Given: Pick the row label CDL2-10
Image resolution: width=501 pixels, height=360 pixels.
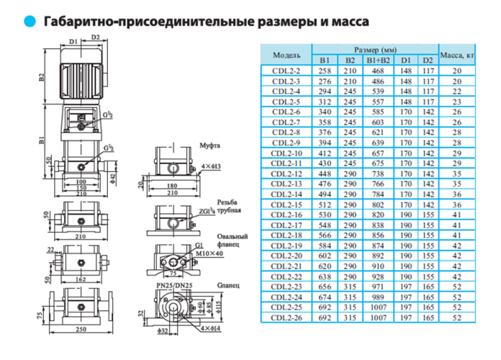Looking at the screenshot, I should (x=286, y=153).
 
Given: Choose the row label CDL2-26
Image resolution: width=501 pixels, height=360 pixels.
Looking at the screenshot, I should (x=286, y=317).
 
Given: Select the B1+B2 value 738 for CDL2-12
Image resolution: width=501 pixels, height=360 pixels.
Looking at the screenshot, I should (x=377, y=174).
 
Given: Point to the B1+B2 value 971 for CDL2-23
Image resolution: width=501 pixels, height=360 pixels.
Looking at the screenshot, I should (x=377, y=286).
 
